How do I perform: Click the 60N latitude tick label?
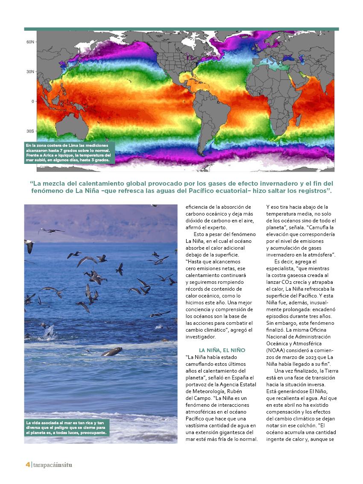click(30, 42)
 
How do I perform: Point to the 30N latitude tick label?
click(30, 71)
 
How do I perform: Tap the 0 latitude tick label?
click(32, 101)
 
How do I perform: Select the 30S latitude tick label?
click(30, 131)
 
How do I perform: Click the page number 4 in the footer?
click(27, 465)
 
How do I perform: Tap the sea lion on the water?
click(111, 352)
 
